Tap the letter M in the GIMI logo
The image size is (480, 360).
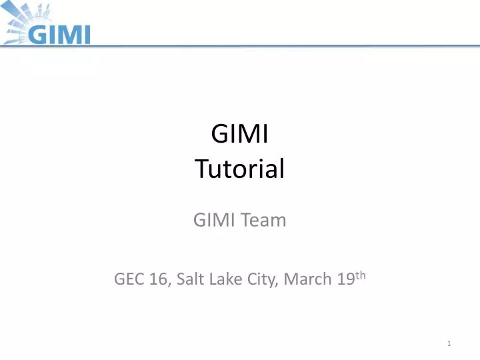pyautogui.click(x=70, y=33)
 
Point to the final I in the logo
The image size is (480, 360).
pyautogui.click(x=86, y=33)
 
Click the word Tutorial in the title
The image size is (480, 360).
pyautogui.click(x=240, y=169)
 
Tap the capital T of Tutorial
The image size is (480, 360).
pyautogui.click(x=201, y=169)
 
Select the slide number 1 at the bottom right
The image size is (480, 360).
pyautogui.click(x=451, y=343)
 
